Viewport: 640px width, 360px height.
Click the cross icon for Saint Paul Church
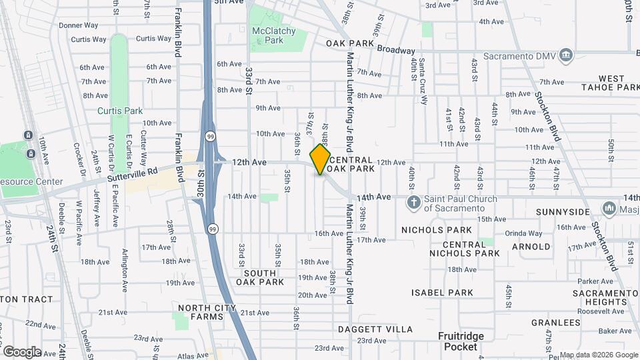pyautogui.click(x=413, y=203)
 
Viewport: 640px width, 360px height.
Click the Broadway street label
pyautogui.click(x=396, y=50)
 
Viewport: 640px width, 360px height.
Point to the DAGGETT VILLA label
pyautogui.click(x=375, y=329)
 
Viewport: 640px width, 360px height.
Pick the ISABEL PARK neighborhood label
pyautogui.click(x=442, y=293)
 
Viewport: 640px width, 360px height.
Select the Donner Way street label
pyautogui.click(x=79, y=26)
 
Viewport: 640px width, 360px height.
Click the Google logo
pyautogui.click(x=21, y=351)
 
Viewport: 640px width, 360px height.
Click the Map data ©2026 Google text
pyautogui.click(x=598, y=355)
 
